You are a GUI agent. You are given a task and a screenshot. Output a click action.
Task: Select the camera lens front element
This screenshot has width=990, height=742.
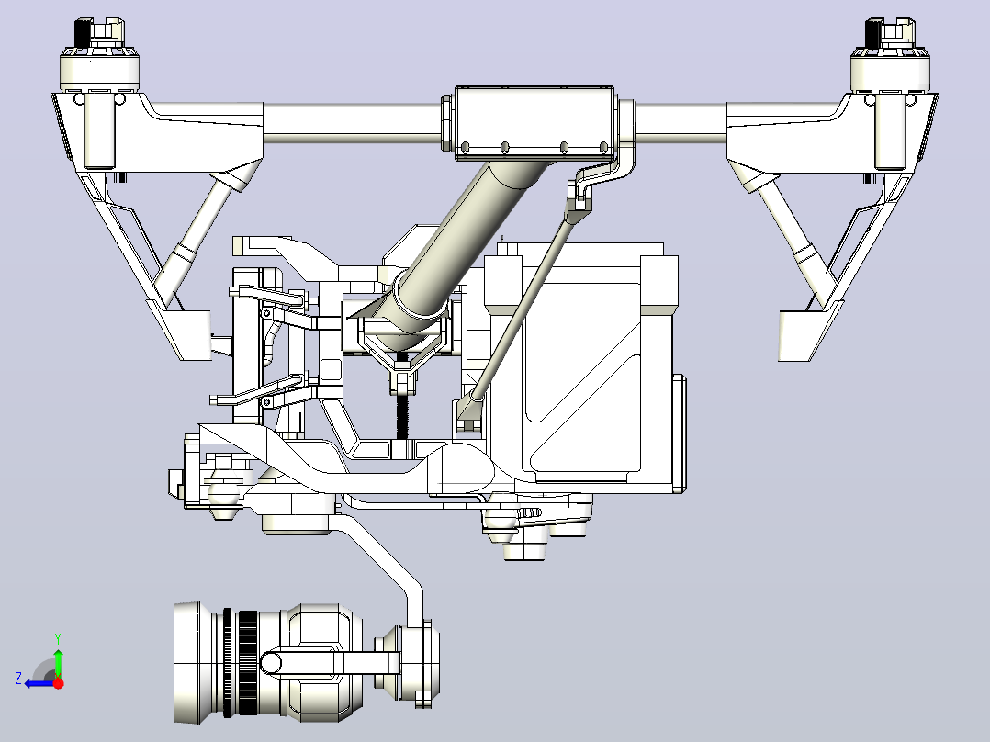187,663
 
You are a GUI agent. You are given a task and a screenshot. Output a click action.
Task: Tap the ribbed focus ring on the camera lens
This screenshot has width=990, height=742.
247,663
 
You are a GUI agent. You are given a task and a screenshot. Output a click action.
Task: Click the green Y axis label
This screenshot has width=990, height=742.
58,638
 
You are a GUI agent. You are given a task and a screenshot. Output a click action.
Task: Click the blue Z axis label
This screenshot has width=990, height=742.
18,679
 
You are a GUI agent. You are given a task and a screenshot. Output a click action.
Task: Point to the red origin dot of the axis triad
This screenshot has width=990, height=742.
58,683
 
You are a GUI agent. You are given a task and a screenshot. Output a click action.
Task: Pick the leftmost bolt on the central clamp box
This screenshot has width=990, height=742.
466,148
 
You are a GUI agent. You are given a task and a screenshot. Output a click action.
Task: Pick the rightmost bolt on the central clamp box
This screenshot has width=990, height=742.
603,148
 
